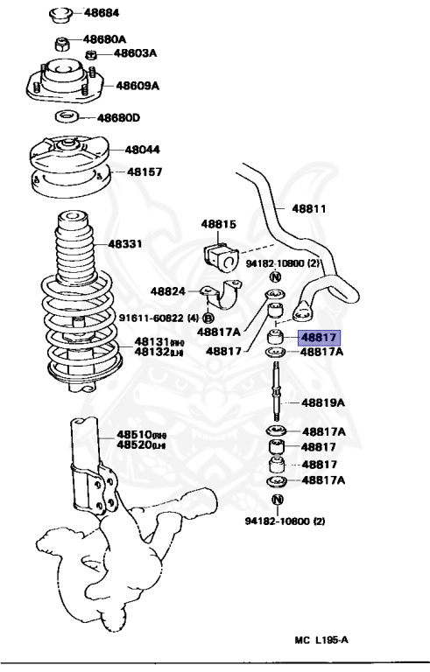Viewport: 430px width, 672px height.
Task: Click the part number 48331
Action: pyautogui.click(x=126, y=244)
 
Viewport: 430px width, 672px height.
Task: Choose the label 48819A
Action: pyautogui.click(x=323, y=402)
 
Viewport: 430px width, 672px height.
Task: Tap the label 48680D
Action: pyautogui.click(x=119, y=116)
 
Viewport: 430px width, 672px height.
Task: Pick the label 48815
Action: pyautogui.click(x=218, y=224)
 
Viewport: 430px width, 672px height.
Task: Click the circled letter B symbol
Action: pyautogui.click(x=209, y=318)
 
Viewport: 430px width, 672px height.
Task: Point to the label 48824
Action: pyautogui.click(x=166, y=290)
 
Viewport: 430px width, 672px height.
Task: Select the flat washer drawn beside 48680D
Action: pyautogui.click(x=67, y=116)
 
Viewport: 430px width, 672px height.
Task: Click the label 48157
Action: pyautogui.click(x=145, y=172)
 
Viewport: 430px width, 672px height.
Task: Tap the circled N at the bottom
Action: pyautogui.click(x=277, y=500)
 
